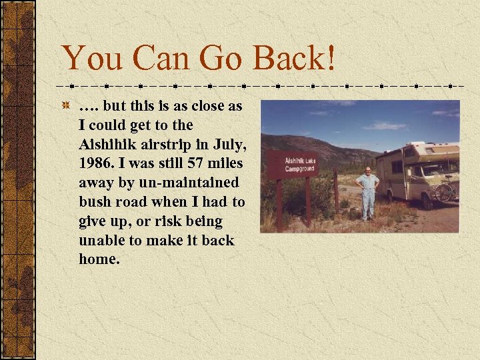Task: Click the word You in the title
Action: tap(85, 58)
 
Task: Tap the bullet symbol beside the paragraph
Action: tap(66, 107)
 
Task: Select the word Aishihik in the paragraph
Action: tap(106, 144)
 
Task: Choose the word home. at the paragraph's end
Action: tap(99, 259)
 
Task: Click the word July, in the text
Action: tap(229, 144)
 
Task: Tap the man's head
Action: tap(367, 170)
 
